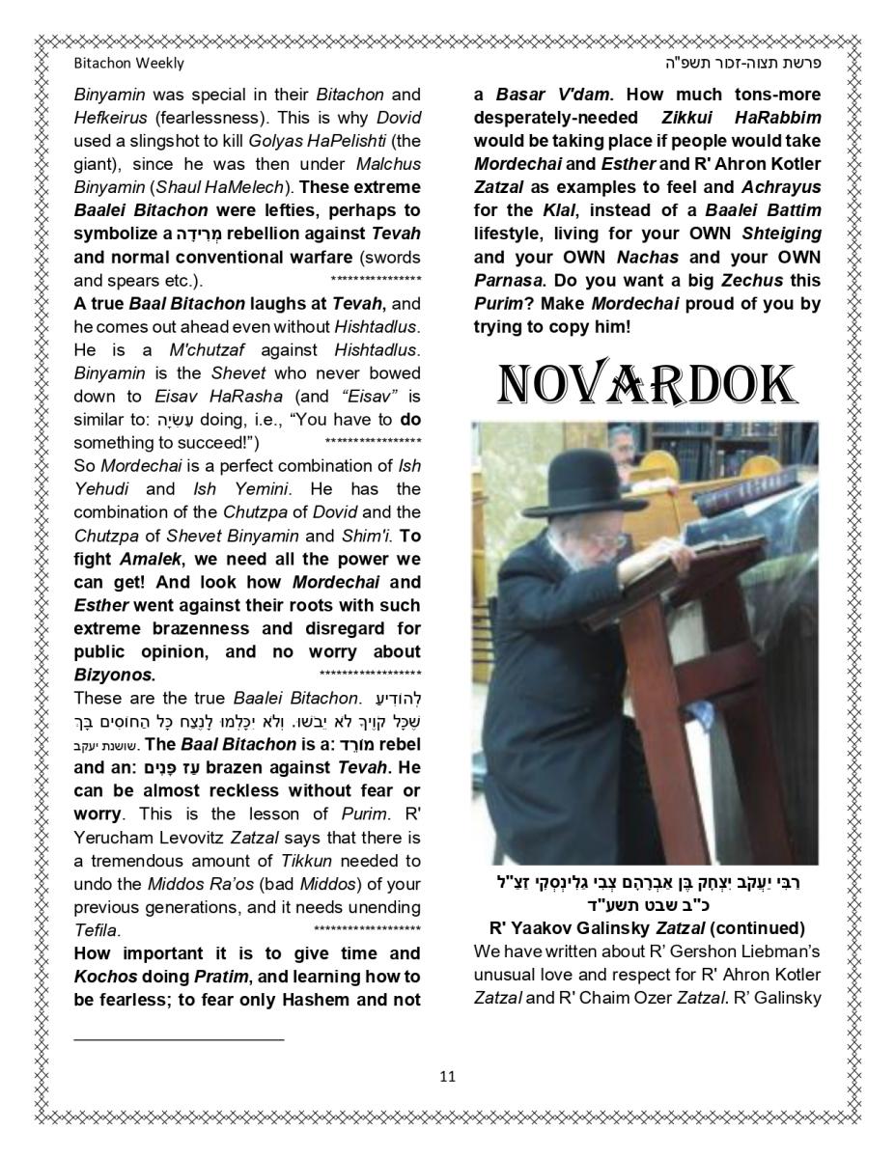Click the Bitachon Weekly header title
coord(128,64)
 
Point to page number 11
coord(447,1076)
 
